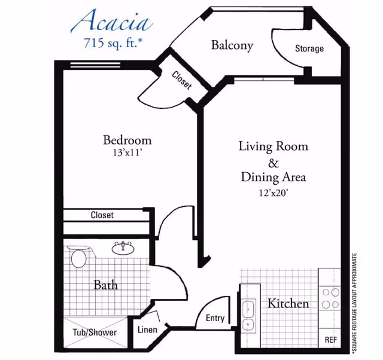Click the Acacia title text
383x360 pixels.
pos(111,22)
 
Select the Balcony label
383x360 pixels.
pos(232,45)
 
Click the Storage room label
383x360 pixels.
pos(309,48)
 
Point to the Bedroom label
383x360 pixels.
pos(127,140)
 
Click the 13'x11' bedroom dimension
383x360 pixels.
pos(127,152)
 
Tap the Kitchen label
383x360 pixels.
pos(288,303)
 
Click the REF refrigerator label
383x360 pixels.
pos(331,339)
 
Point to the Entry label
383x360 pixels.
pos(215,318)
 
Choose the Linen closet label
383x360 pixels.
pos(147,330)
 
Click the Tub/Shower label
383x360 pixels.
pos(95,332)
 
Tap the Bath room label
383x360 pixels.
pos(105,285)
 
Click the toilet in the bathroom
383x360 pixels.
pos(78,259)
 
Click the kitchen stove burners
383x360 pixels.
pos(330,298)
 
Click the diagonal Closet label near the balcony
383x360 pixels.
pos(182,80)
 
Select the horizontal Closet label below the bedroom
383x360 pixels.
pos(102,215)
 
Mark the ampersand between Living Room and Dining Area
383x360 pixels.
pos(273,161)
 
